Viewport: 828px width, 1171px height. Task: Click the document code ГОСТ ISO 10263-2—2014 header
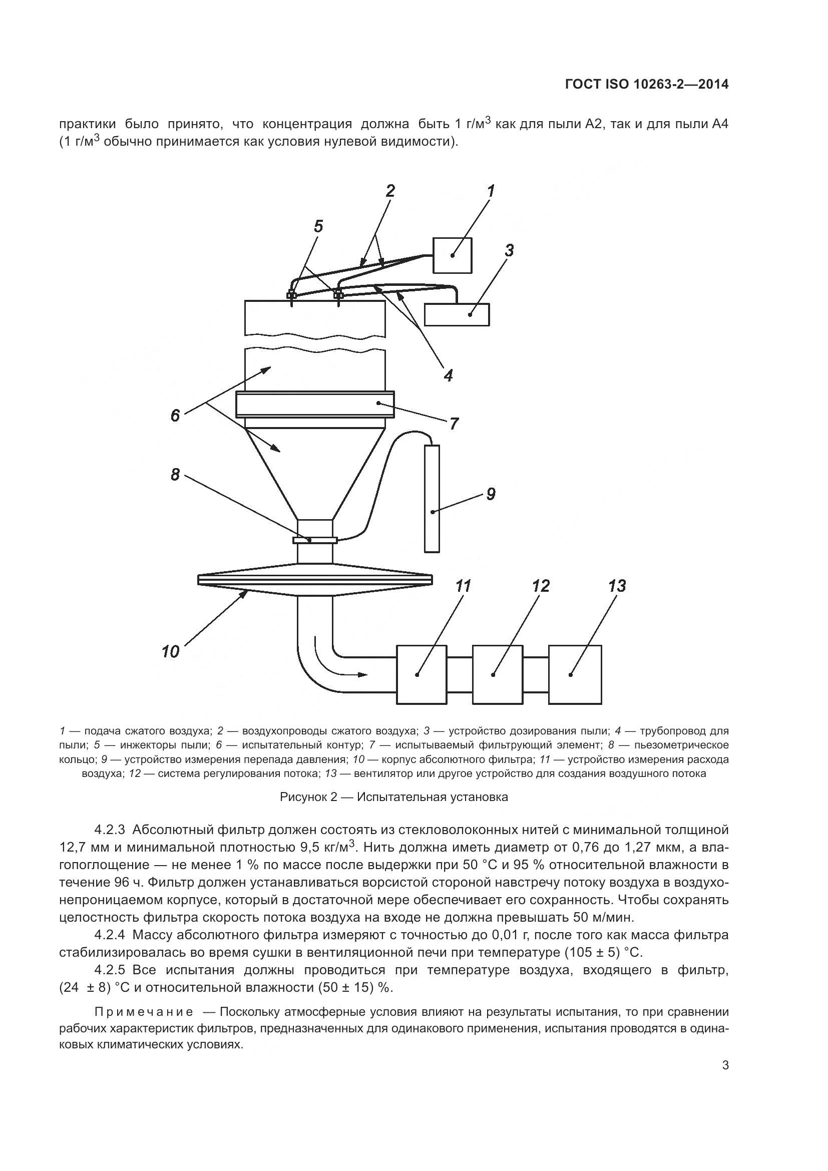pos(646,84)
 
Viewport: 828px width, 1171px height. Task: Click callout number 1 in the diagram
pos(491,191)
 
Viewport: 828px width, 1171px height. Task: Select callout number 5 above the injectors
pos(318,226)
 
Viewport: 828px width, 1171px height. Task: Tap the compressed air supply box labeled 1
pos(452,255)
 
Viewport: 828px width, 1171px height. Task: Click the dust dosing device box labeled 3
pos(457,314)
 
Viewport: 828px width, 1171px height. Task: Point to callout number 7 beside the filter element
pos(453,424)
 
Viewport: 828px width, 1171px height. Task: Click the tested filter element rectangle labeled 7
pos(314,404)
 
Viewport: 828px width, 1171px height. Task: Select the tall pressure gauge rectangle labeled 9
pos(432,498)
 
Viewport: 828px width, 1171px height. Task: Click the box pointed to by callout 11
pos(421,674)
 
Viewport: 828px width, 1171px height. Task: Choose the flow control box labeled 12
pos(497,674)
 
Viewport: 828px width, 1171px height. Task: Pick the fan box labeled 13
pos(575,674)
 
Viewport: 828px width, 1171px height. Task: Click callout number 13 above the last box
pos(617,586)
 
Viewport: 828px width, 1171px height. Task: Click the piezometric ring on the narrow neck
pos(314,540)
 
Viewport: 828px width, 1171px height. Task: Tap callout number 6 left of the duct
pos(175,416)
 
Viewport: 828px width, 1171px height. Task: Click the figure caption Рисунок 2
pos(393,797)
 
